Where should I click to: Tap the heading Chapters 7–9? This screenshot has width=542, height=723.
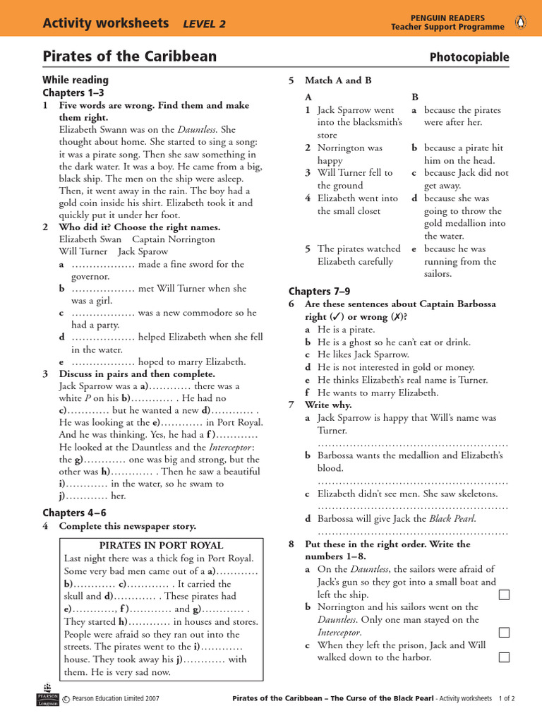(x=319, y=291)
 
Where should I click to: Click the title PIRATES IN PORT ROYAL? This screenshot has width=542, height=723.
(x=161, y=545)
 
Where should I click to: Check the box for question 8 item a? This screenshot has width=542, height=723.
(x=504, y=595)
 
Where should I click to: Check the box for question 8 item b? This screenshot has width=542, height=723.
(x=504, y=633)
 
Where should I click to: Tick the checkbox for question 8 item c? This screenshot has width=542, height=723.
(x=504, y=657)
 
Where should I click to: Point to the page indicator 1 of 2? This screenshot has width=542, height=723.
(x=506, y=699)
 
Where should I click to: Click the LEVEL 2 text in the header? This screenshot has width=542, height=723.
(x=204, y=24)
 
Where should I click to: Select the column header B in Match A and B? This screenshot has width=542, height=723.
(x=415, y=97)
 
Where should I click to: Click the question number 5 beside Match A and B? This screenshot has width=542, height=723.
(x=291, y=80)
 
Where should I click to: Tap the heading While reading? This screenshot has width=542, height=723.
(x=76, y=80)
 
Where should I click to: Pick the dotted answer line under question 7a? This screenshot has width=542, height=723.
(x=413, y=444)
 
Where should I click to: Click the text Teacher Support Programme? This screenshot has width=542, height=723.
(x=447, y=28)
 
